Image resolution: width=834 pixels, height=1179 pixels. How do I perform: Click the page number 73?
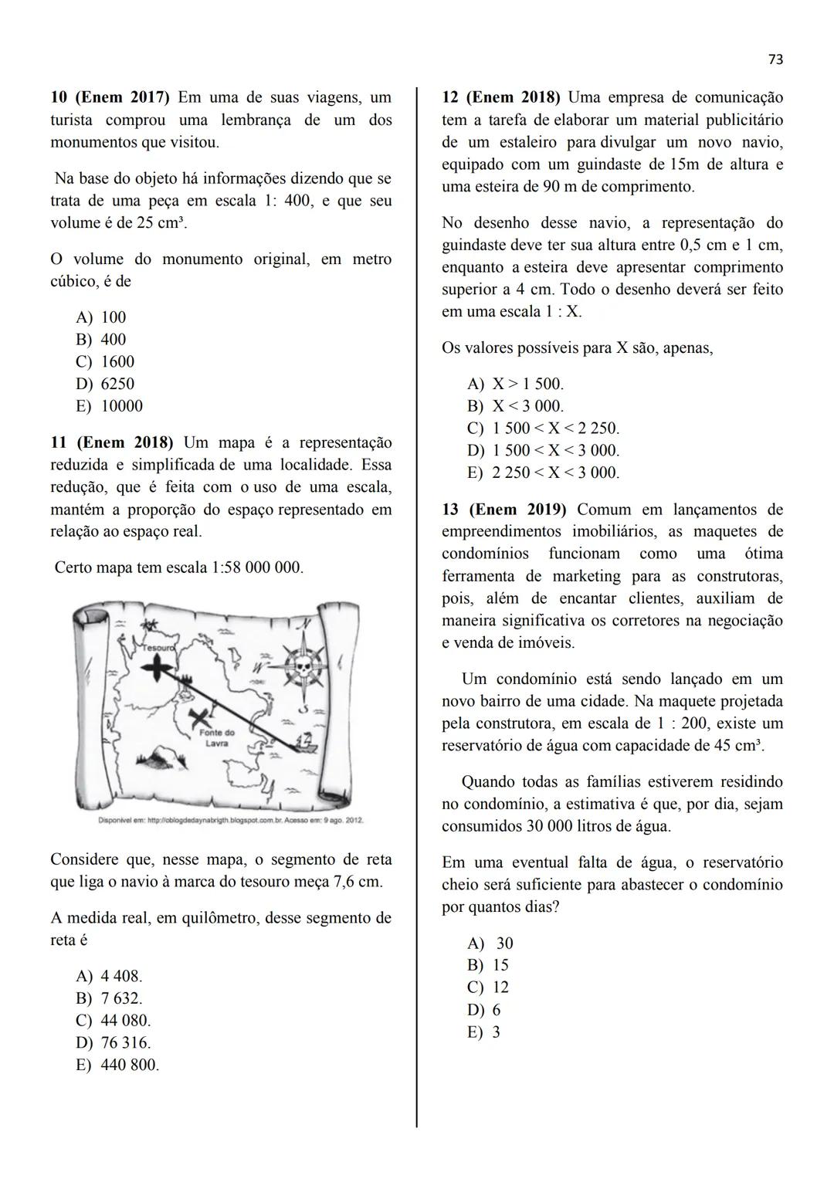click(775, 59)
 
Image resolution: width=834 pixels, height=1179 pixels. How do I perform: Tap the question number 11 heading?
click(58, 443)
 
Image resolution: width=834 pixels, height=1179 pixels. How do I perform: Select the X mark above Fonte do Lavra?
click(202, 717)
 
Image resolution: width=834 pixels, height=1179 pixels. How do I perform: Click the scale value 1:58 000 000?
click(256, 568)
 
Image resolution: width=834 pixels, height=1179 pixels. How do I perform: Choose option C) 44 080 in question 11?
click(113, 1021)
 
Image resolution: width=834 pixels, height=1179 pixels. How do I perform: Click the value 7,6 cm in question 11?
click(358, 882)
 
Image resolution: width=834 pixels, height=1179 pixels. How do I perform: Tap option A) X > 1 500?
click(515, 384)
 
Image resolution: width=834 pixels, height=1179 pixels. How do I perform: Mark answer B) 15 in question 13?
click(488, 965)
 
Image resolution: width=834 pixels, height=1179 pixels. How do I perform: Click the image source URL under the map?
click(229, 820)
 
